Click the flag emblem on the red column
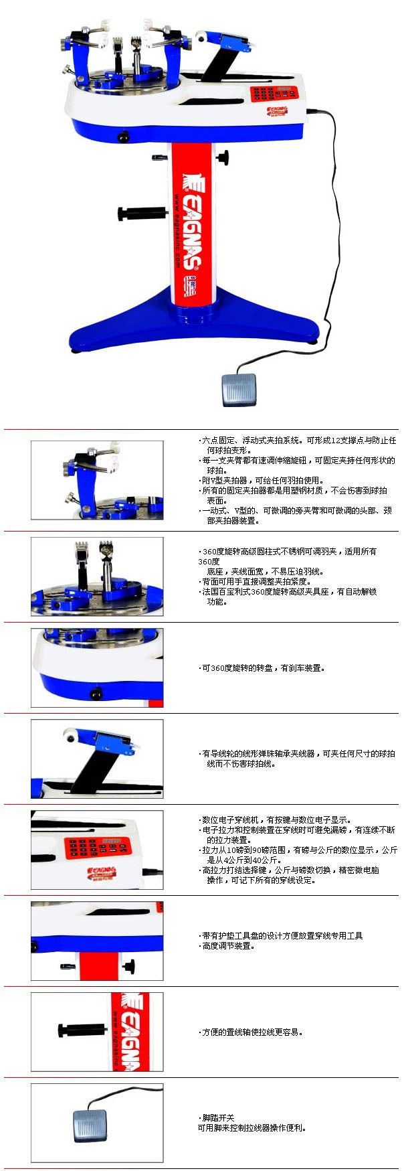[189, 287]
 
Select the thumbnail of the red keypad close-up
[97, 850]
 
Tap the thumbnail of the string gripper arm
[97, 759]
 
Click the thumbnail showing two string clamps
[97, 576]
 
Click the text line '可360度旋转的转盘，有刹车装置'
[262, 668]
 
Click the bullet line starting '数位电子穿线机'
[275, 819]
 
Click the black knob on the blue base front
[123, 137]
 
